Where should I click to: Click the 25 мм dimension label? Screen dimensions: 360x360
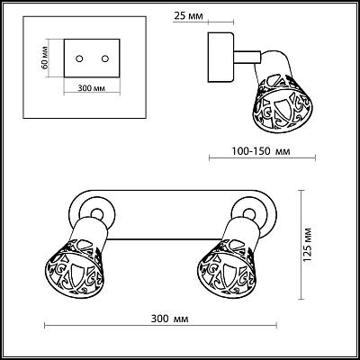[188, 16]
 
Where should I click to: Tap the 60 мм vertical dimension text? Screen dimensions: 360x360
[44, 58]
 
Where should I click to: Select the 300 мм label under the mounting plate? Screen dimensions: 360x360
[91, 88]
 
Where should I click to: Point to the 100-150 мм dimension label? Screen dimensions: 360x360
[261, 151]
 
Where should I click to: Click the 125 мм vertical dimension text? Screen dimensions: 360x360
[308, 245]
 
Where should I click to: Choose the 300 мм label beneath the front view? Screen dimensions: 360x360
[169, 319]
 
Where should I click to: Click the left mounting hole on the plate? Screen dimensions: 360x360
[79, 58]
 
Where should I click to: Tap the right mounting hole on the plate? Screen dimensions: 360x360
[104, 58]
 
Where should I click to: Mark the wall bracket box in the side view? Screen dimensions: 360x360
[221, 58]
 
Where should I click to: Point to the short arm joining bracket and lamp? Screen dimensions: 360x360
[247, 58]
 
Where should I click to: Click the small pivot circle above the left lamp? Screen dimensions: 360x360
[96, 213]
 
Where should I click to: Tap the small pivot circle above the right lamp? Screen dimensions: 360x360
[248, 213]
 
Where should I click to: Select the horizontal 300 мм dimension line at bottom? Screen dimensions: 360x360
[160, 326]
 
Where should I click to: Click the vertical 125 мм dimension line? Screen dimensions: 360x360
[301, 245]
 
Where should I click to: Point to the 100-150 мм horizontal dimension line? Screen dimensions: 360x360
[262, 157]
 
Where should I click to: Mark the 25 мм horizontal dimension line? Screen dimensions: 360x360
[220, 22]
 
